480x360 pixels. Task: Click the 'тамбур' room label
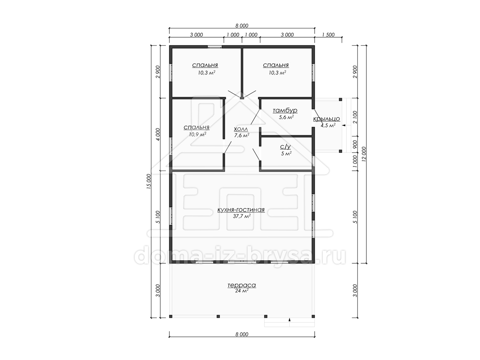tap(285, 110)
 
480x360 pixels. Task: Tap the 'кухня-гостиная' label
tap(241, 210)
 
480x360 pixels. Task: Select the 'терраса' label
tap(242, 285)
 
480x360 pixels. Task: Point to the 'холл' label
tap(241, 129)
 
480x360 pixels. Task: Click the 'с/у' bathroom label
tap(285, 147)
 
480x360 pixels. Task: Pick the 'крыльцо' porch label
tap(326, 119)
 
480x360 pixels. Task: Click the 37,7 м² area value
tap(242, 216)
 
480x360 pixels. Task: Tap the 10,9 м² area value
tap(198, 134)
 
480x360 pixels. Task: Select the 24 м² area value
tap(242, 291)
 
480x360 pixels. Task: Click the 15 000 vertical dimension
tap(149, 181)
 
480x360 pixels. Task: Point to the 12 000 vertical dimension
tap(364, 154)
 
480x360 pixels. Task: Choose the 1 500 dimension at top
tap(328, 35)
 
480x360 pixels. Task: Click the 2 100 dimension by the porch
tap(355, 117)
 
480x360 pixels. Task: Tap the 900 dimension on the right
tap(355, 144)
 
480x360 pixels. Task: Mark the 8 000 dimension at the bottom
tap(242, 334)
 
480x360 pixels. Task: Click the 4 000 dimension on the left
tap(158, 134)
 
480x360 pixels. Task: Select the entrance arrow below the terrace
tap(290, 320)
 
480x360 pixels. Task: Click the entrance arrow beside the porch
tap(344, 126)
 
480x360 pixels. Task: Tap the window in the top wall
tap(214, 46)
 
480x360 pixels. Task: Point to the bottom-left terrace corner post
tap(170, 316)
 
